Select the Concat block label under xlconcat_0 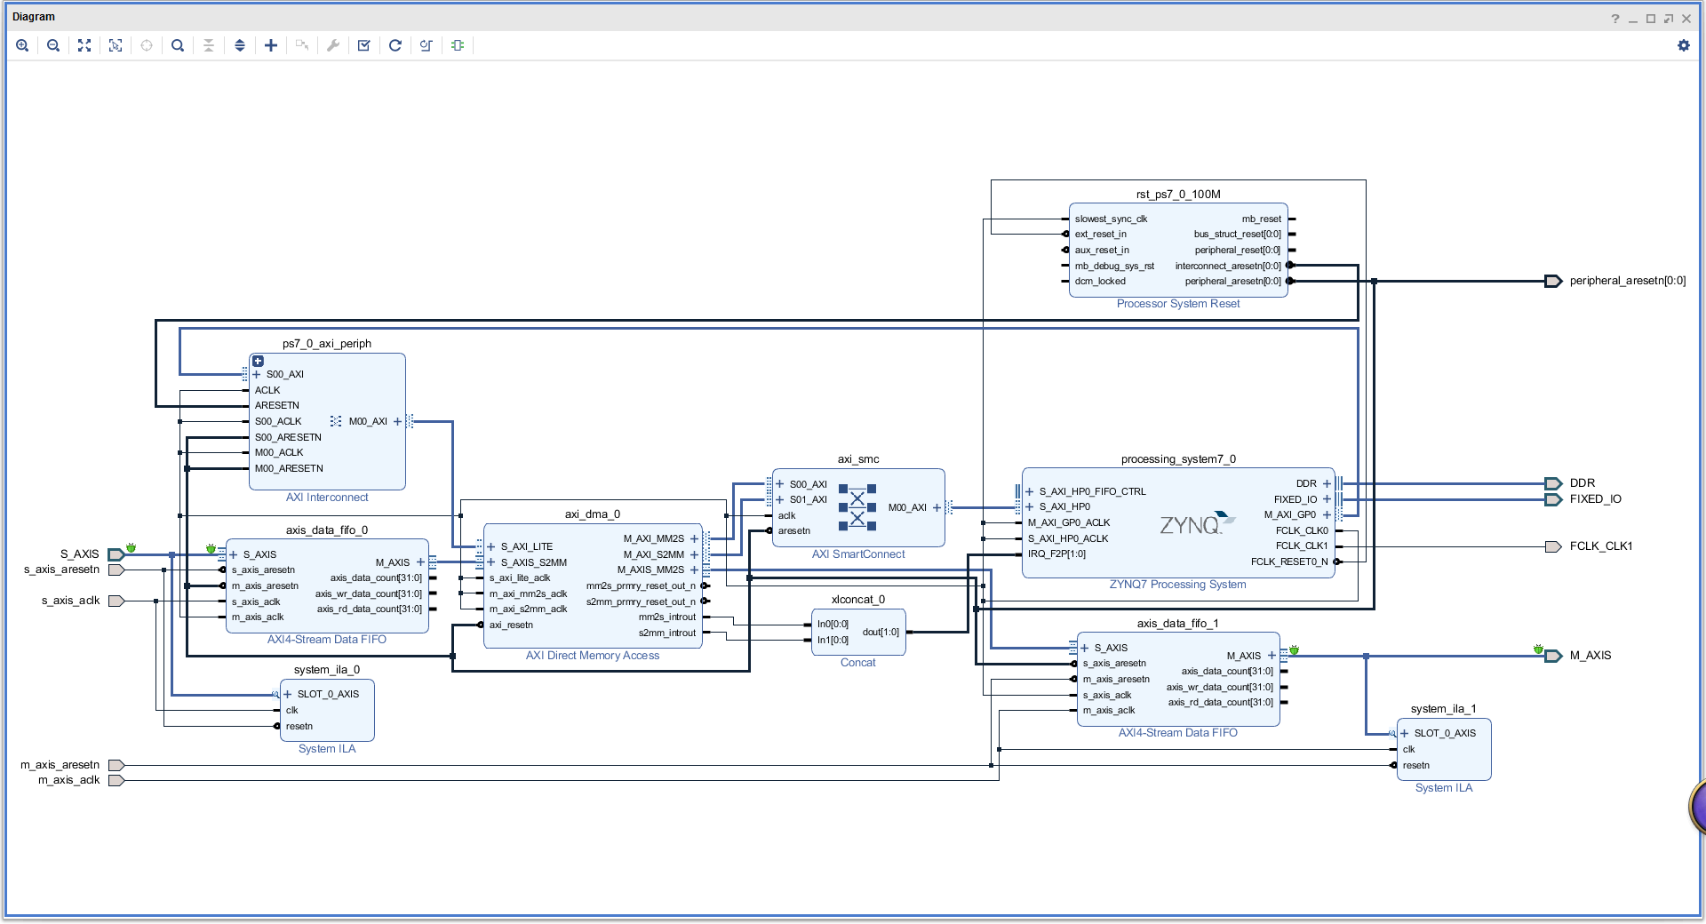coord(857,663)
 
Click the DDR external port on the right coord(1553,483)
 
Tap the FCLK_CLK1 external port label coord(1600,546)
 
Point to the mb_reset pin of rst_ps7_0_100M coord(1262,219)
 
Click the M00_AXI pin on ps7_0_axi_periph coord(368,421)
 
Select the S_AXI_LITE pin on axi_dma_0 coord(526,546)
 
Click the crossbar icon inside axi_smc coord(857,507)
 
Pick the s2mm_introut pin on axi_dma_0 coord(666,633)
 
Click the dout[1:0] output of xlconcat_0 coord(881,633)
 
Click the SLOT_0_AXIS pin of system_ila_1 coord(1445,733)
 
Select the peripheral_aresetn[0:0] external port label coord(1627,281)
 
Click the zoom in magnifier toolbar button coord(22,45)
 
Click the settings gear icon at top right coord(1683,45)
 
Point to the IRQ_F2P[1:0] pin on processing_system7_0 coord(1056,554)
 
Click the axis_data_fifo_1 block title coord(1177,623)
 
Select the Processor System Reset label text coord(1177,304)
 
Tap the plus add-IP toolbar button coord(271,45)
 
